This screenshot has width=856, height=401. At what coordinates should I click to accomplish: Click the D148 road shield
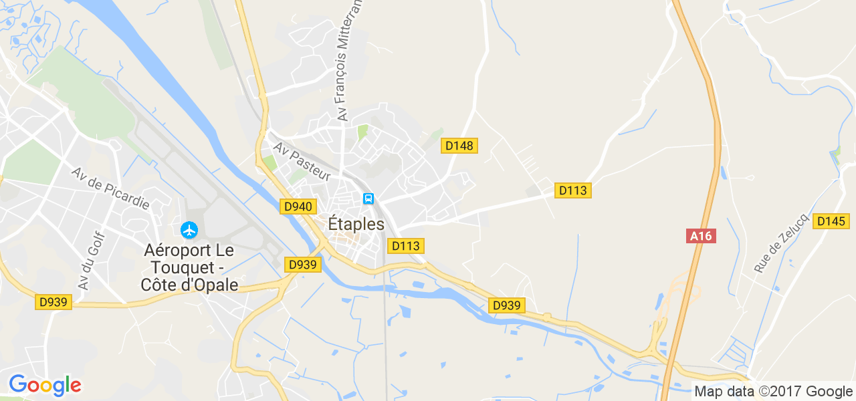[459, 146]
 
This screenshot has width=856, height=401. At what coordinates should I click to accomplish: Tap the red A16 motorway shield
[701, 236]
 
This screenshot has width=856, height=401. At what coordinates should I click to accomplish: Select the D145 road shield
[831, 221]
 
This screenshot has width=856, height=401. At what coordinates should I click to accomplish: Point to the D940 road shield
[298, 207]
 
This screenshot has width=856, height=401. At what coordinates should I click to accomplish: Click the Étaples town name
[356, 225]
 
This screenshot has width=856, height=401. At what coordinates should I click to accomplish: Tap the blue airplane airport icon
[190, 231]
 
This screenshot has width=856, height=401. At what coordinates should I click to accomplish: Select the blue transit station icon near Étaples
[368, 198]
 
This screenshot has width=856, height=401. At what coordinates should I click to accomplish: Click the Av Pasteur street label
[302, 161]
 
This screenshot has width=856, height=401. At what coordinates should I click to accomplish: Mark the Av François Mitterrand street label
[350, 60]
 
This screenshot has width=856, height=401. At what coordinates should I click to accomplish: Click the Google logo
[45, 385]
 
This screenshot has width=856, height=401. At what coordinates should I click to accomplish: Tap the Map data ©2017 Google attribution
[773, 392]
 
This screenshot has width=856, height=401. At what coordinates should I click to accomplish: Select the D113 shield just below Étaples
[405, 246]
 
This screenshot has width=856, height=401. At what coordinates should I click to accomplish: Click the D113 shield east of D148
[572, 190]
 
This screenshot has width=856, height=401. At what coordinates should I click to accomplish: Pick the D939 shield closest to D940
[303, 265]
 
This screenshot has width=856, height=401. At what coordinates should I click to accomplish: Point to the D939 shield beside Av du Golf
[53, 302]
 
